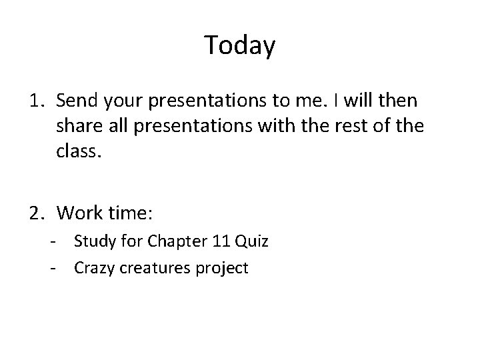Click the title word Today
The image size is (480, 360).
tap(239, 45)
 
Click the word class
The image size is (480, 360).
tap(78, 153)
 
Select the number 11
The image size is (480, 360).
tap(215, 241)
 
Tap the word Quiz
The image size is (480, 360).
tap(250, 241)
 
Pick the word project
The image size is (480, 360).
tap(223, 268)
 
